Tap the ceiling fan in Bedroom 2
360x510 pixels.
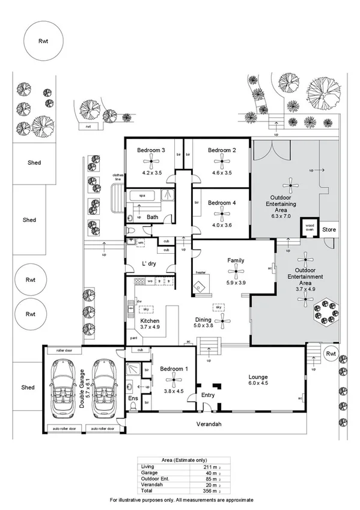pos(221,161)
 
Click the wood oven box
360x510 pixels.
pos(310,227)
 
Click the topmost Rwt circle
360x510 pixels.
pos(42,42)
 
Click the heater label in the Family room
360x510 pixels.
pos(200,273)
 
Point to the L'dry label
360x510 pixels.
pos(149,264)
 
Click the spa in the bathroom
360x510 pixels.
pos(142,195)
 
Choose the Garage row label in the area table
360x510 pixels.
pos(148,473)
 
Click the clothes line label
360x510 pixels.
pos(118,177)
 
